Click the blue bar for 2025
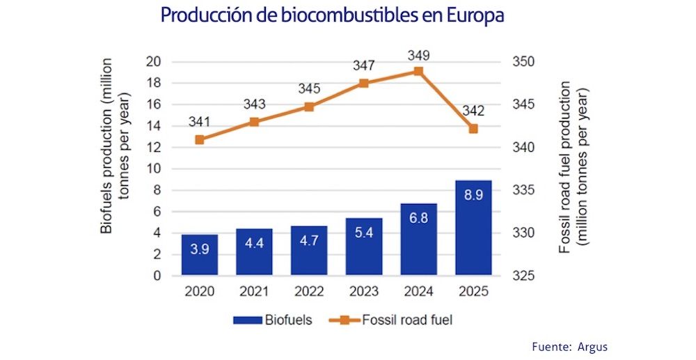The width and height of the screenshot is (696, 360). (473, 228)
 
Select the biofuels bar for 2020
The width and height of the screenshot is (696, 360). (200, 255)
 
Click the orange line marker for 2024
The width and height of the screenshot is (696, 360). (418, 71)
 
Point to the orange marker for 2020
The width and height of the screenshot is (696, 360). (200, 139)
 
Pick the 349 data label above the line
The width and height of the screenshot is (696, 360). (418, 54)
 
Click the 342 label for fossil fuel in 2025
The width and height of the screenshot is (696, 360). (473, 111)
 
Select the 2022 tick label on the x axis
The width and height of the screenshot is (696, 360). (309, 291)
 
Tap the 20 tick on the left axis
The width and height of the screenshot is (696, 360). (154, 62)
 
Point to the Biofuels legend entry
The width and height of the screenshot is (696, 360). (271, 320)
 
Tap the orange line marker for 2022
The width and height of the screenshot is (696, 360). (309, 107)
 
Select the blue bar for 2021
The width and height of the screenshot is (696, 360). (254, 252)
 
